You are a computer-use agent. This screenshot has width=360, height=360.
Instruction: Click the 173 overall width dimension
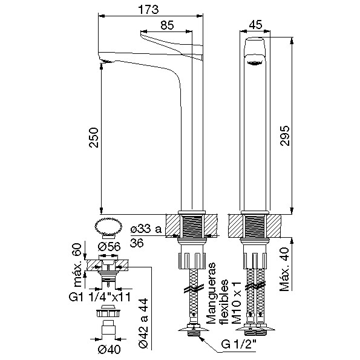148,10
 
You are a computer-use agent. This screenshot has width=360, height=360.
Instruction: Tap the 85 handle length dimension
167,25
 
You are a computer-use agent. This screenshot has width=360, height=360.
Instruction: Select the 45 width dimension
255,25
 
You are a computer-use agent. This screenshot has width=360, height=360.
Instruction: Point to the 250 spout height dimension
94,137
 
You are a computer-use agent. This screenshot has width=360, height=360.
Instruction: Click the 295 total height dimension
285,136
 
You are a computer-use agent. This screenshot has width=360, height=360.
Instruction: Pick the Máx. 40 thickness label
285,269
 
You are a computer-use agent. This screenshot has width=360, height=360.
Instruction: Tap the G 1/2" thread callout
239,344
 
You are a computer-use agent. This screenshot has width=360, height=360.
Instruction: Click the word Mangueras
211,293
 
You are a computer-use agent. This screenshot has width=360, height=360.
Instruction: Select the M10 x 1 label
237,303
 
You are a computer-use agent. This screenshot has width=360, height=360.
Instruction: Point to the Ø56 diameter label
109,247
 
